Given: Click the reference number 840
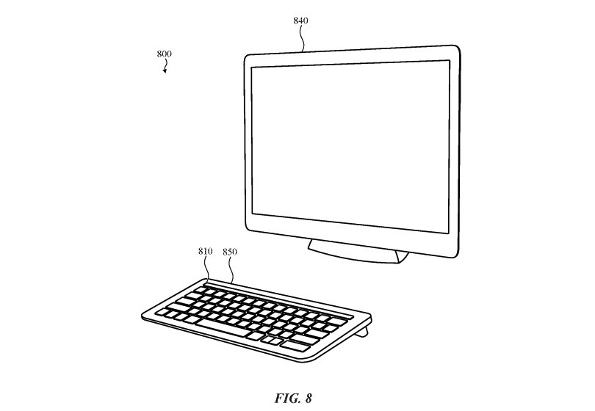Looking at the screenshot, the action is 300,21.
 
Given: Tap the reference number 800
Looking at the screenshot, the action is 165,54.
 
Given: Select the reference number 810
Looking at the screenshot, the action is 205,251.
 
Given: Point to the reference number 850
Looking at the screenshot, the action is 230,252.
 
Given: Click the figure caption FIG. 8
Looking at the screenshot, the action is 293,399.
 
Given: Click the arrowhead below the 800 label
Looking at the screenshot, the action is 165,71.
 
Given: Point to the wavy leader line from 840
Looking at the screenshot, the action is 302,38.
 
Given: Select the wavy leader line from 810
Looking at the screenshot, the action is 207,269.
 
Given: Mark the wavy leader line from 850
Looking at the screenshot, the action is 231,270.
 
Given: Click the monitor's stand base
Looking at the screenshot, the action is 356,252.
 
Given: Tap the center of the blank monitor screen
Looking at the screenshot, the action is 350,146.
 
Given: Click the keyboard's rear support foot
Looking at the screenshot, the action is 364,330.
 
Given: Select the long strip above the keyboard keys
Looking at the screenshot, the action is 279,299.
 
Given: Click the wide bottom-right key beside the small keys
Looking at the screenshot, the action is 295,346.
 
